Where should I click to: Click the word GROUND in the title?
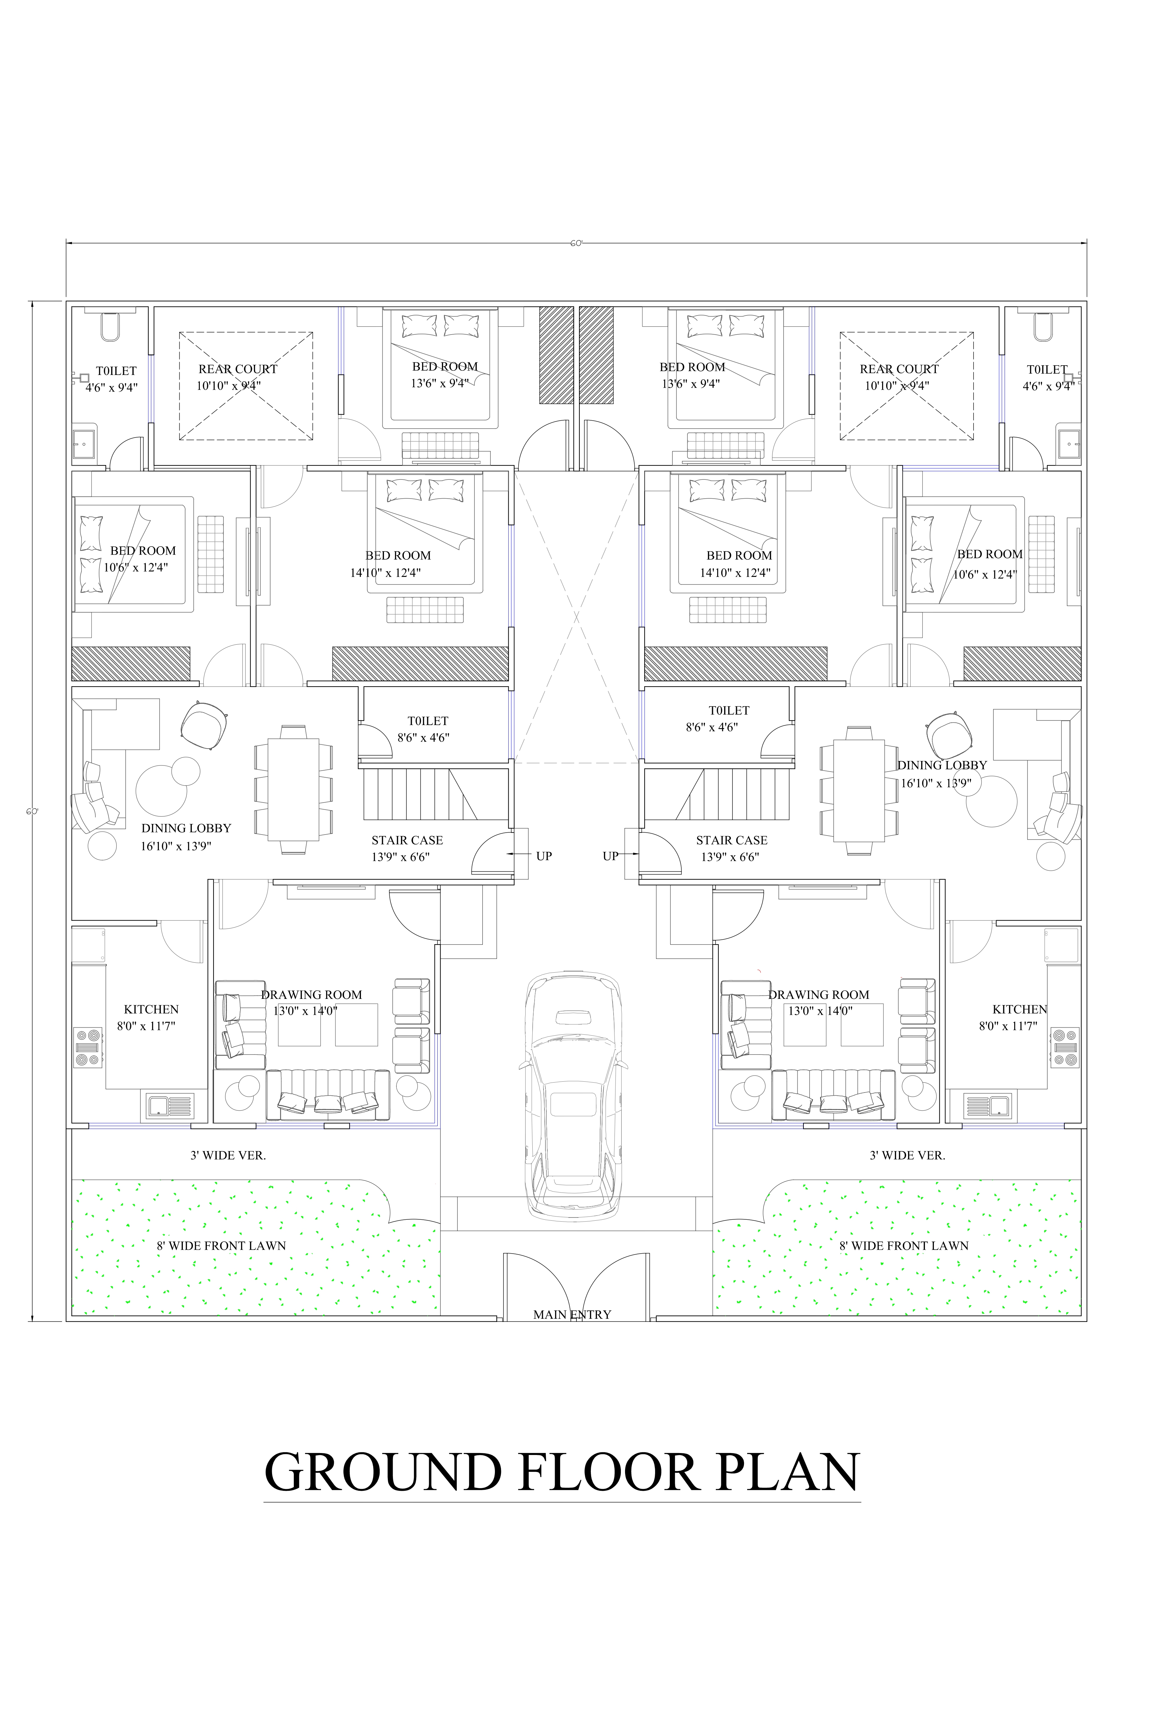point(383,1471)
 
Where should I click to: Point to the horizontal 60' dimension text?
point(576,243)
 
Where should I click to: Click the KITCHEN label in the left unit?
point(151,1009)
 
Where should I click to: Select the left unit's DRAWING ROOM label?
point(311,994)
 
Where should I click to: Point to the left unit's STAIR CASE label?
point(407,840)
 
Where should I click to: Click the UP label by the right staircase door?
point(610,856)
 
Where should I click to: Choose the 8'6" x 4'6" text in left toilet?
point(424,737)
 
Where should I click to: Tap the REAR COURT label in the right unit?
point(899,369)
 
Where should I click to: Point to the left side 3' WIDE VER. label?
point(228,1155)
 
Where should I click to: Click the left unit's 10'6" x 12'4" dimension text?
point(136,567)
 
